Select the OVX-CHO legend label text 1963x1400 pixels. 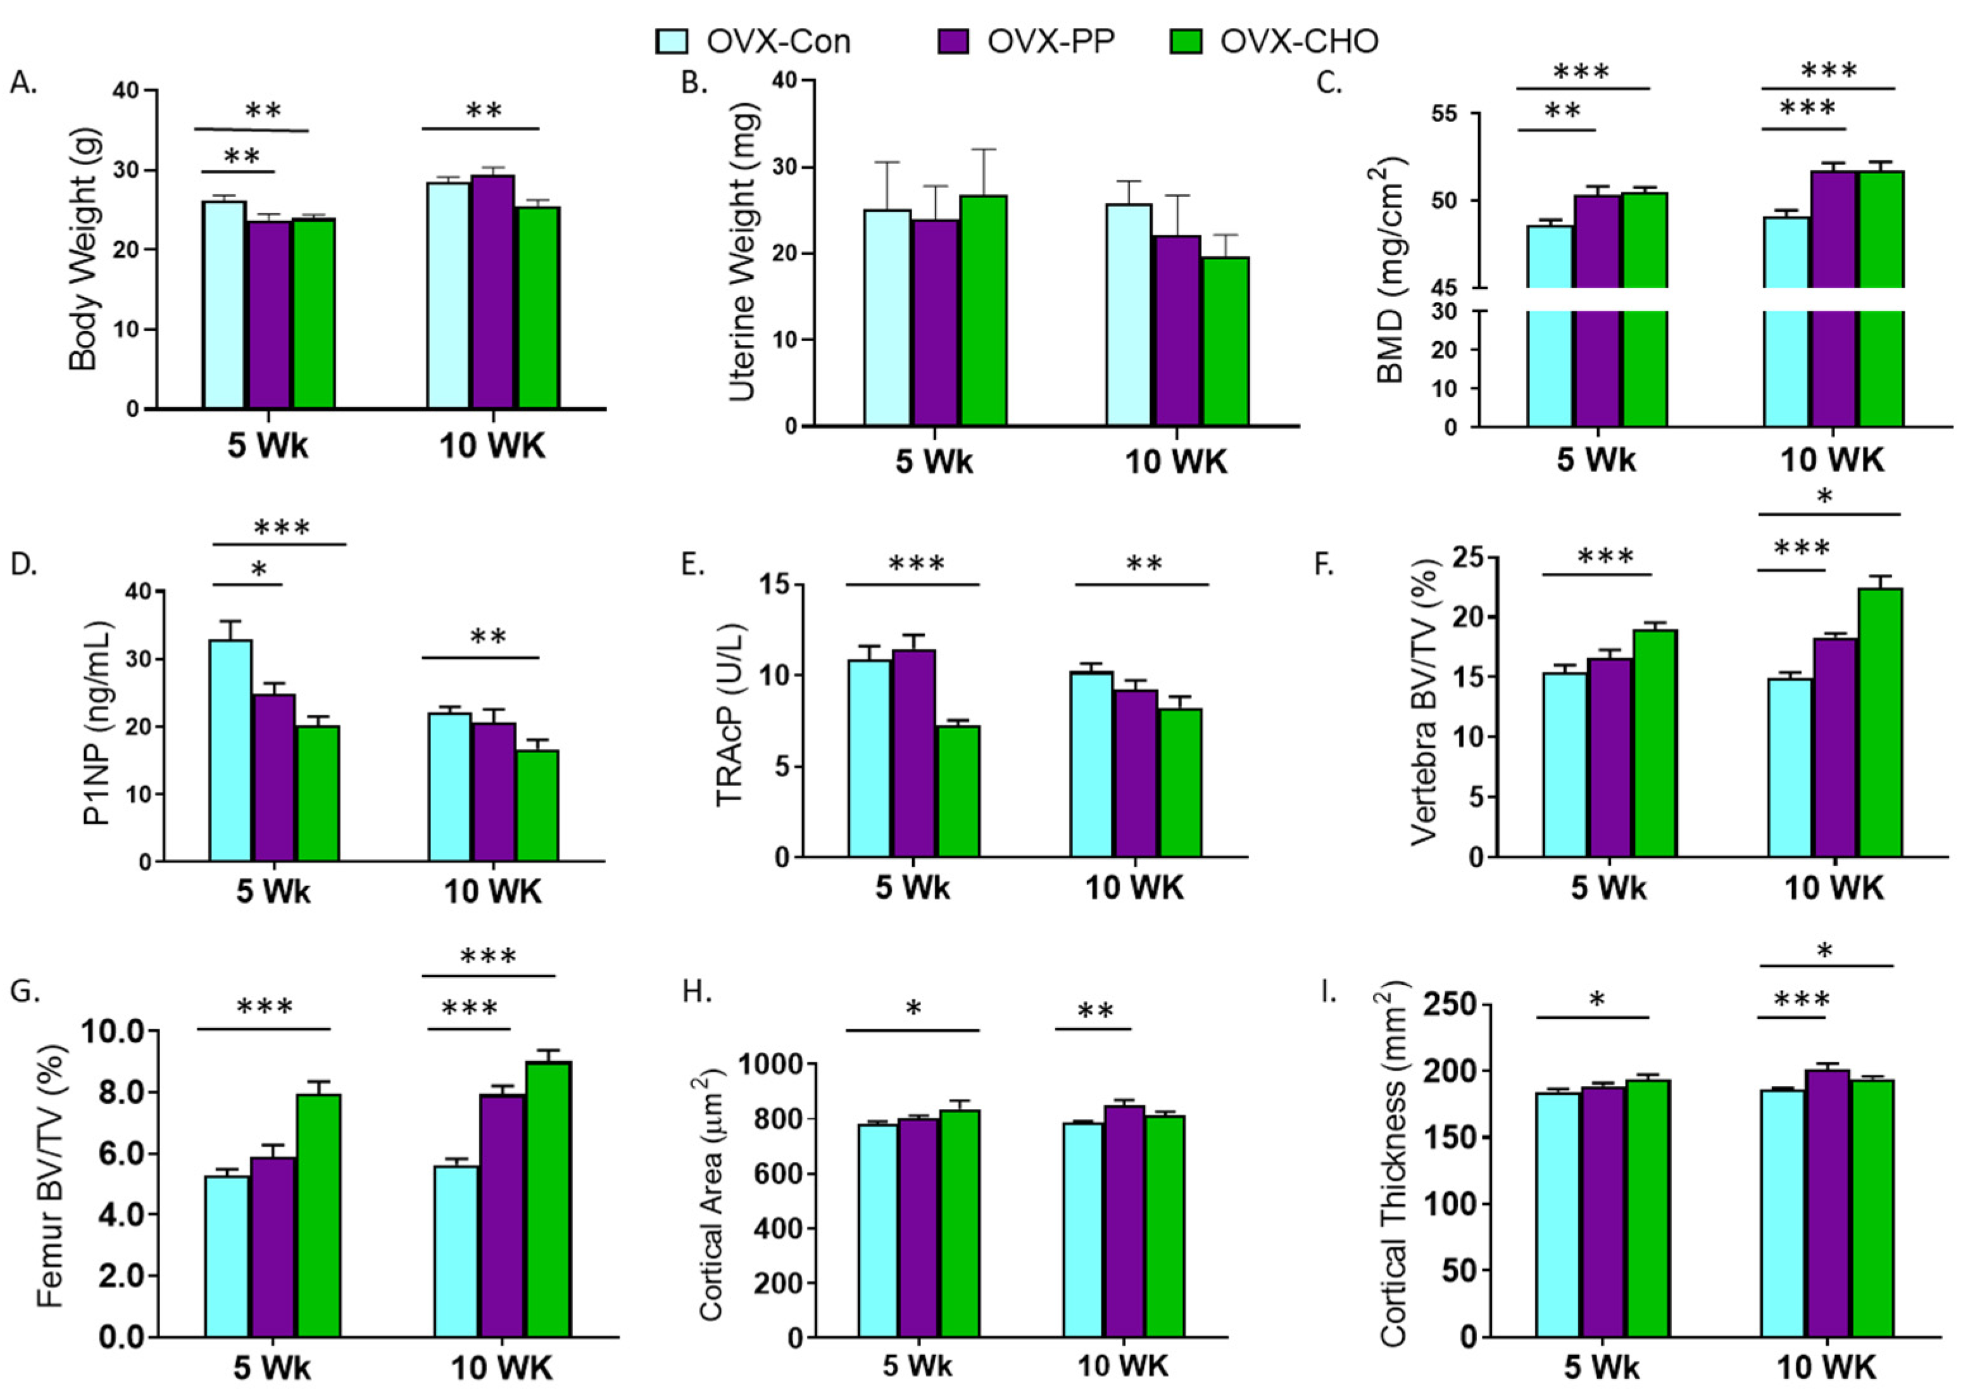[x=1299, y=41]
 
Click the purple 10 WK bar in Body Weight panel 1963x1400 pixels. [x=492, y=293]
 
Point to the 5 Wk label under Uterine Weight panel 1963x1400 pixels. [x=934, y=462]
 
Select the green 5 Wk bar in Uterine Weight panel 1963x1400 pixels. [x=984, y=310]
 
